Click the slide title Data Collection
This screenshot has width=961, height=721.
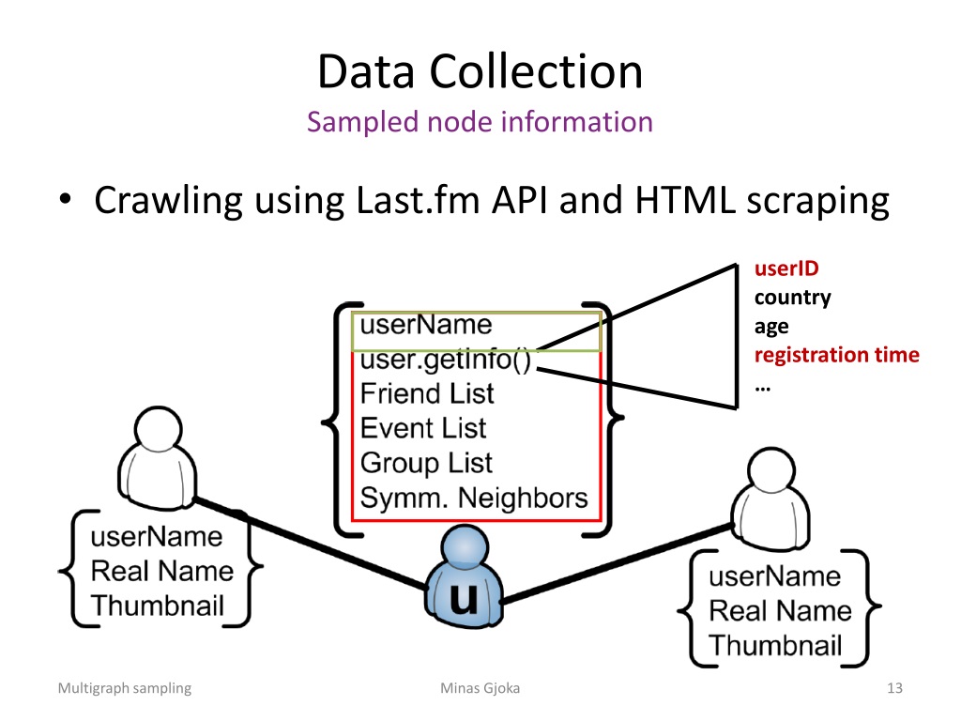(x=480, y=71)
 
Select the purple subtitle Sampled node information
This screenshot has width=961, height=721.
(x=480, y=121)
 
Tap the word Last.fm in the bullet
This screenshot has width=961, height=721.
(x=418, y=200)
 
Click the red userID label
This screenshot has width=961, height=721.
(x=786, y=268)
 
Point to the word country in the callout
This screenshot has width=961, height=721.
(x=792, y=298)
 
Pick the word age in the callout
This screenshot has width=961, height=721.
(x=771, y=327)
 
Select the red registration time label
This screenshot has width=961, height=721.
(x=836, y=355)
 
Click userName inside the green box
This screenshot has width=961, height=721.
(x=426, y=325)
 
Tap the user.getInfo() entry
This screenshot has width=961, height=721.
(x=446, y=360)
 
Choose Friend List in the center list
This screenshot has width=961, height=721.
(x=427, y=393)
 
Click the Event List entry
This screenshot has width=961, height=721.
(x=423, y=428)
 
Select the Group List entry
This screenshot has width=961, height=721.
(x=427, y=464)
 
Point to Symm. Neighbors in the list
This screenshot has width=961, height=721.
(x=474, y=498)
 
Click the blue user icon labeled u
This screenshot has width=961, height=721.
(x=464, y=577)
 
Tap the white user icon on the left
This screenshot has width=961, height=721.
(x=158, y=458)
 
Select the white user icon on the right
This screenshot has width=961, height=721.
(x=771, y=499)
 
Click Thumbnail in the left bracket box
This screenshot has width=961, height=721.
(x=158, y=606)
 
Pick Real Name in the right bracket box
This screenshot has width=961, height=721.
(x=780, y=611)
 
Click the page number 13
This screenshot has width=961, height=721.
(x=894, y=688)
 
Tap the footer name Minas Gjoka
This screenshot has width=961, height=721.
(x=480, y=688)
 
